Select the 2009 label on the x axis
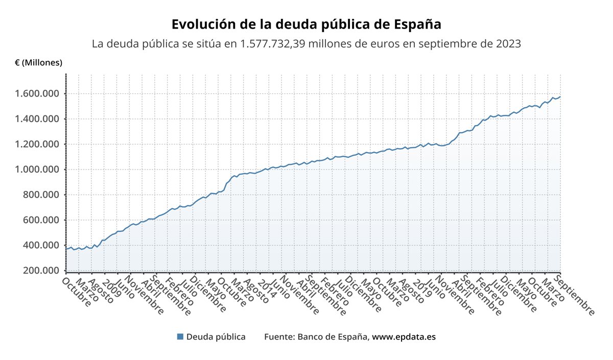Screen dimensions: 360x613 pyautogui.click(x=108, y=285)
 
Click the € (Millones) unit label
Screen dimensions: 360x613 pyautogui.click(x=39, y=63)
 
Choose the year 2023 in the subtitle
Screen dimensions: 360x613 pyautogui.click(x=508, y=44)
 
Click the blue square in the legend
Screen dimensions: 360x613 pyautogui.click(x=180, y=337)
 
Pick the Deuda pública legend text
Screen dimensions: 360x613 pyautogui.click(x=216, y=337)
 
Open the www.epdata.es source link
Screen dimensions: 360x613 pyautogui.click(x=404, y=337)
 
